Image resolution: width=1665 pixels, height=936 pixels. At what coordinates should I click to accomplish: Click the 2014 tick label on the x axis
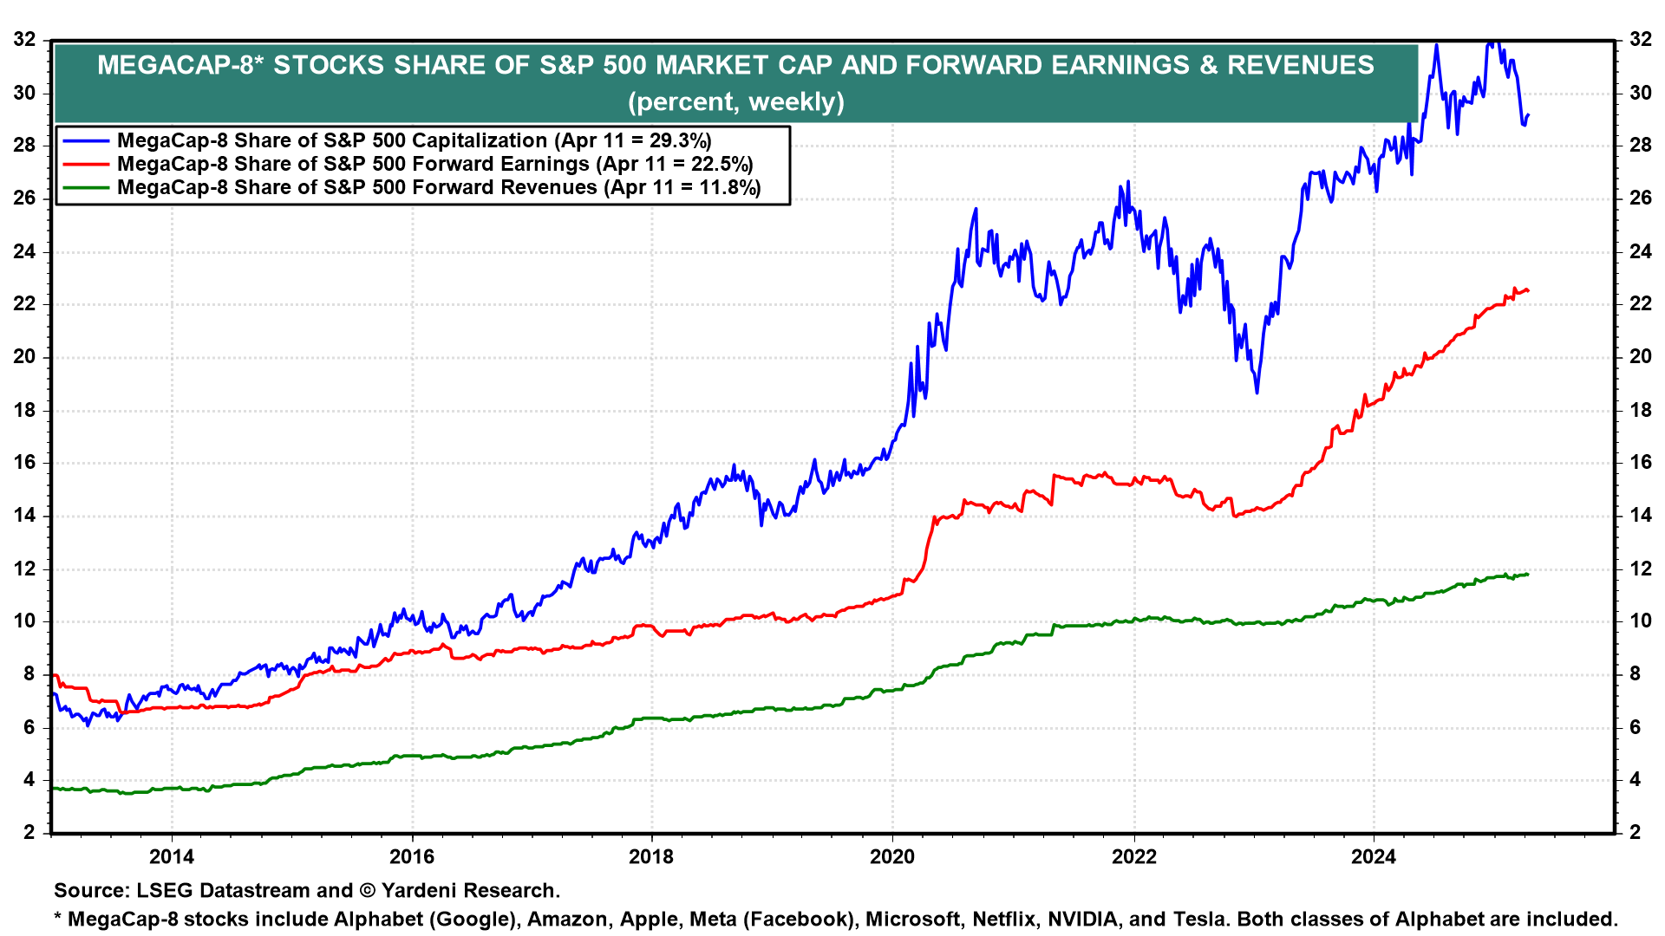point(172,857)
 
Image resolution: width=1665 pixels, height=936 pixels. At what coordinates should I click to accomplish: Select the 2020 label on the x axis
point(892,857)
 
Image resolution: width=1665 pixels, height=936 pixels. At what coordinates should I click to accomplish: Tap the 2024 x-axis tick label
point(1374,857)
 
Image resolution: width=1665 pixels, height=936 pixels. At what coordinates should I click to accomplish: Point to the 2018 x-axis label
point(651,857)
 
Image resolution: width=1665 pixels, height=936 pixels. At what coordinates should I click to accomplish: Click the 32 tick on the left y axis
point(24,39)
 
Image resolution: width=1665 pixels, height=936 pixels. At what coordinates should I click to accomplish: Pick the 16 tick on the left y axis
point(24,462)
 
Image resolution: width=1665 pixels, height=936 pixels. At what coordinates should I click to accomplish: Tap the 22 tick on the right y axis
point(1641,304)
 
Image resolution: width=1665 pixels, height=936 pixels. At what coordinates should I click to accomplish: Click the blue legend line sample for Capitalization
point(86,141)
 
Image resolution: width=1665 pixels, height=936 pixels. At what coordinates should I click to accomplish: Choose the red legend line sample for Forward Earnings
point(86,165)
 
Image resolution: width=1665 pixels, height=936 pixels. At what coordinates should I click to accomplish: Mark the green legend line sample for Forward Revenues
point(86,188)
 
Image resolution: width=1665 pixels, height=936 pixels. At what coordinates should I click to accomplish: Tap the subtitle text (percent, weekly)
point(735,102)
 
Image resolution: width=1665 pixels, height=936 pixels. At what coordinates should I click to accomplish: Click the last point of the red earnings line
point(1527,290)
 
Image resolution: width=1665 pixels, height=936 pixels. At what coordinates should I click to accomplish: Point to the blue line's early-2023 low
point(1257,393)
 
